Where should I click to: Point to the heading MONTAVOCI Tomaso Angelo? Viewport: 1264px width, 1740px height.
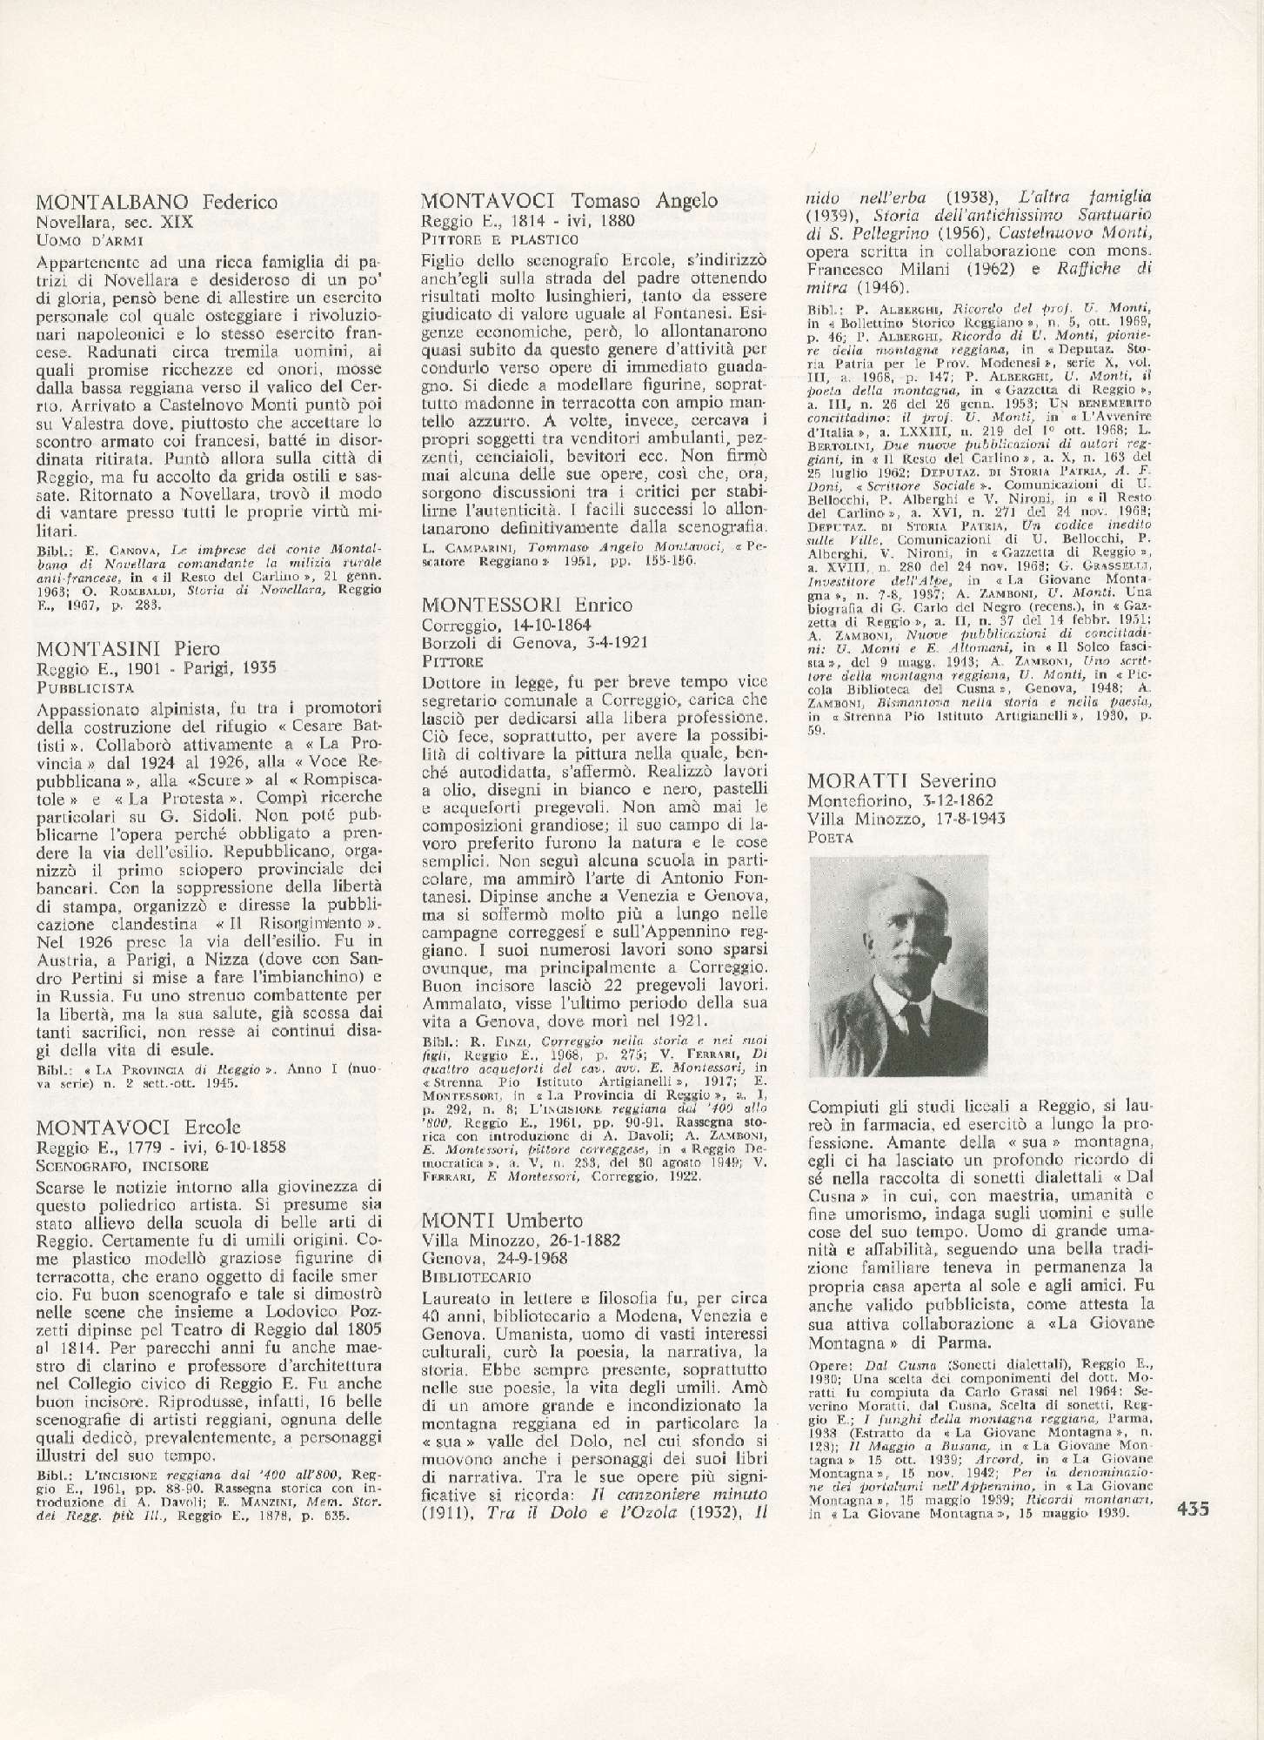[x=570, y=201]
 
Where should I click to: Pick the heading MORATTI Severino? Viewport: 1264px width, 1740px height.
[x=901, y=780]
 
